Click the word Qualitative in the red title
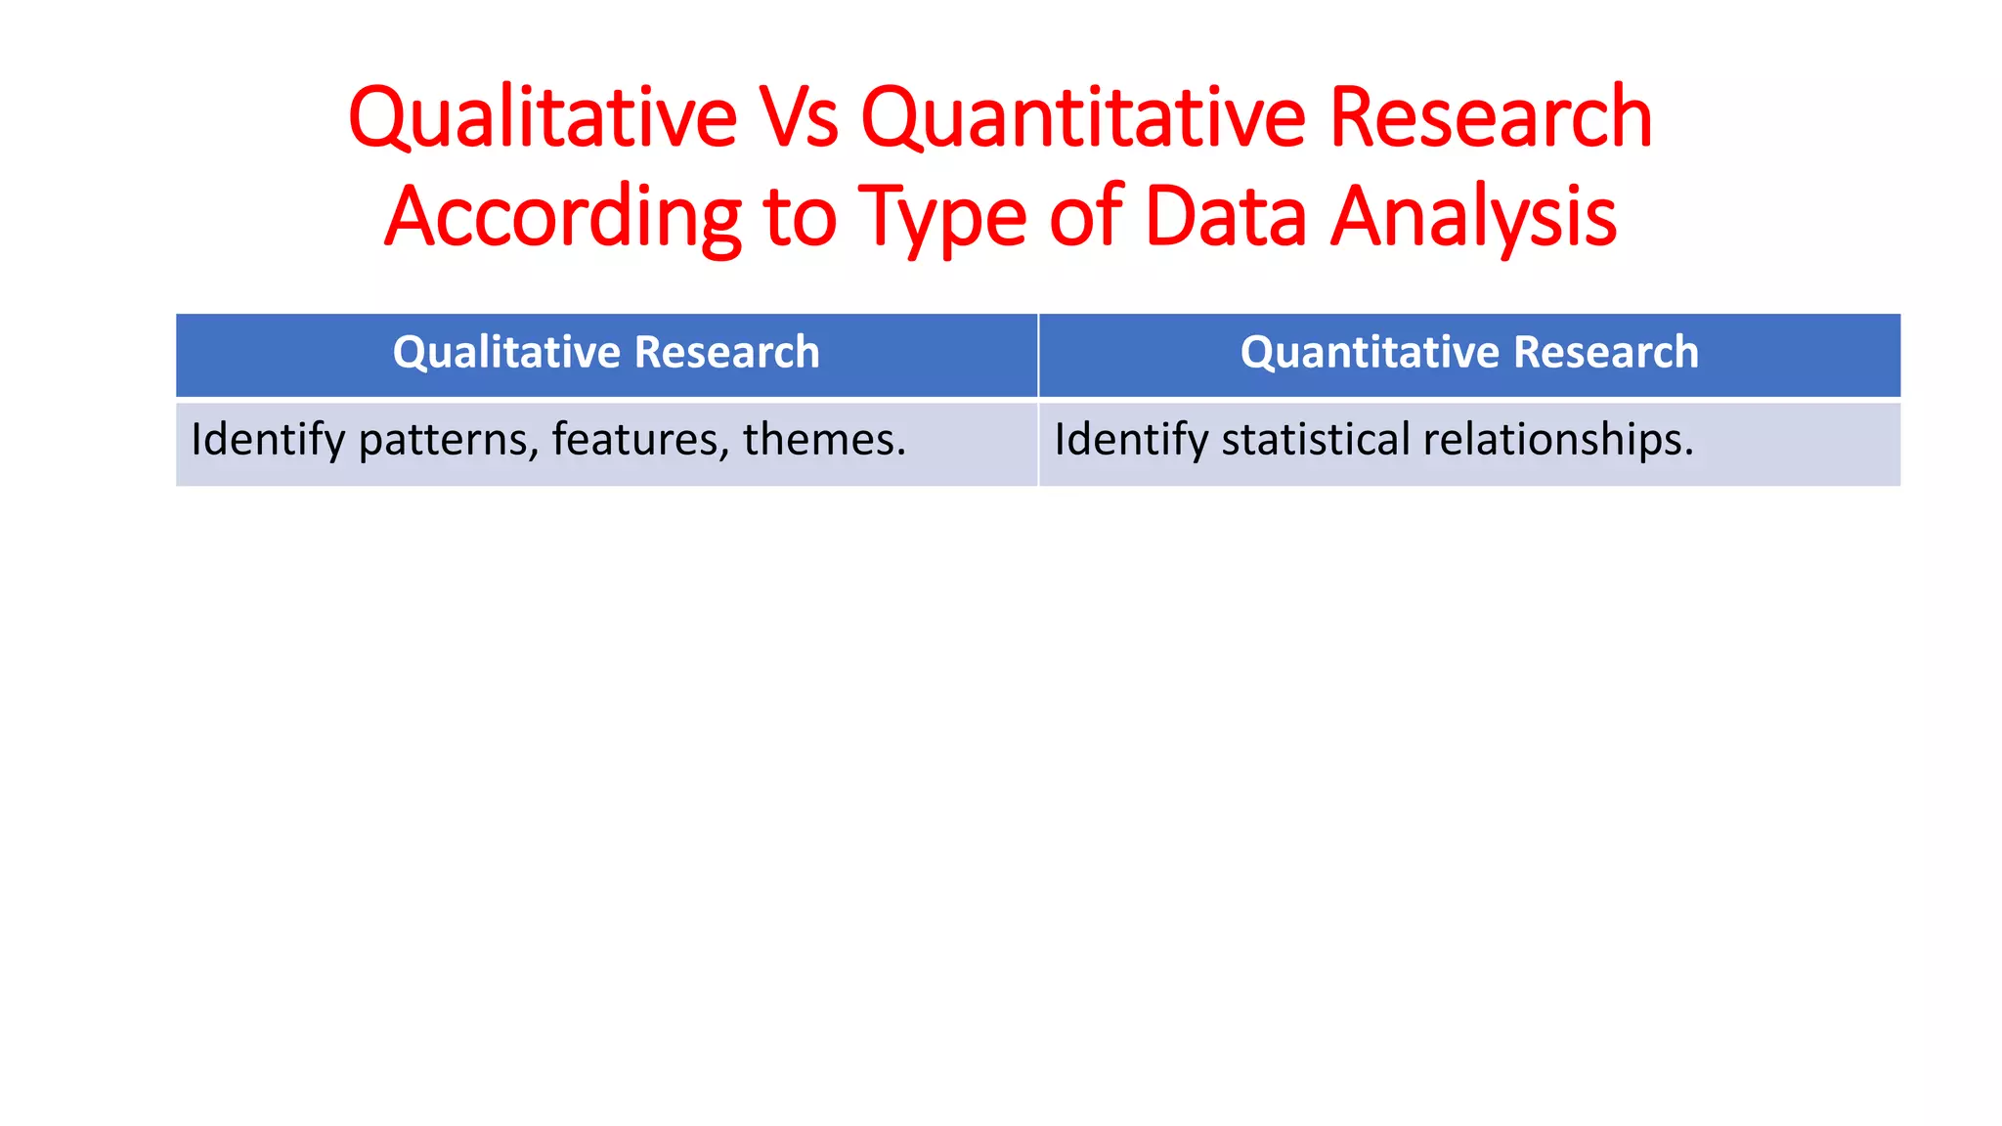click(x=542, y=118)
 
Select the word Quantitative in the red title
click(x=1082, y=118)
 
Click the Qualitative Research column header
click(x=606, y=353)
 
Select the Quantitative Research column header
click(x=1469, y=353)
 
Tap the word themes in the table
click(x=824, y=440)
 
